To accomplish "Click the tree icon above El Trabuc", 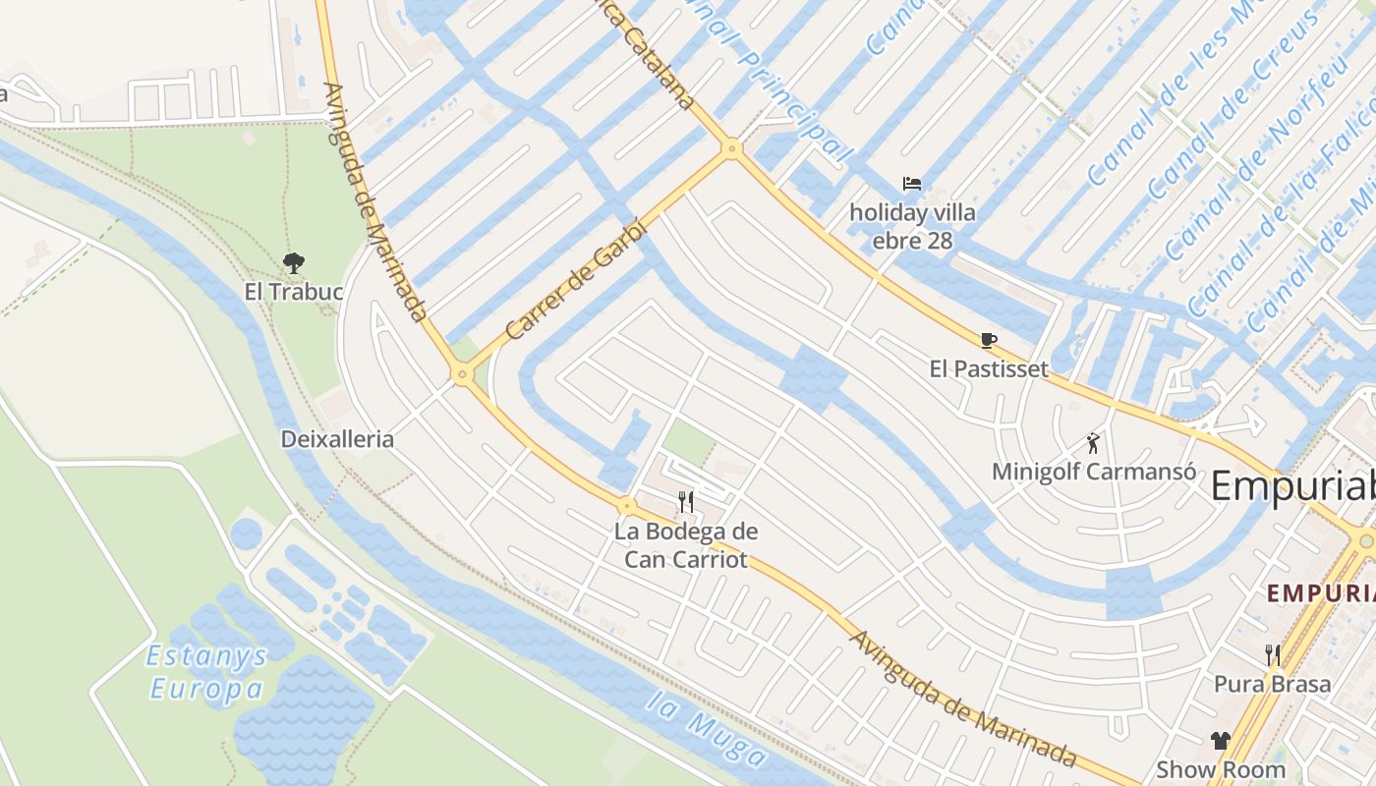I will point(293,262).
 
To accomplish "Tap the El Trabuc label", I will point(294,292).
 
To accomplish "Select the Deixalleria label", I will point(337,439).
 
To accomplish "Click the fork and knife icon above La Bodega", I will point(686,502).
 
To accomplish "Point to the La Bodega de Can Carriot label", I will point(686,546).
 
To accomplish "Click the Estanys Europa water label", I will point(207,672).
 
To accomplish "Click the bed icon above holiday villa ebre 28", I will point(912,184).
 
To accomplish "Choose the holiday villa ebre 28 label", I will point(913,226).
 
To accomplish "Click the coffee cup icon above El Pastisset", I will point(989,341).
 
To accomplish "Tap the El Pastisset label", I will point(989,369).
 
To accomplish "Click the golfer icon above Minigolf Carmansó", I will point(1093,443).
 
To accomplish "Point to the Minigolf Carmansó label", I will point(1094,472).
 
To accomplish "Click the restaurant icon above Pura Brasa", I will point(1273,654).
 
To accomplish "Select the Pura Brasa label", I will point(1273,684).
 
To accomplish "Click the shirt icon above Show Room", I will point(1221,741).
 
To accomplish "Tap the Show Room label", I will point(1221,769).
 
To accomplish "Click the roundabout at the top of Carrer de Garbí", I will point(730,149).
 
